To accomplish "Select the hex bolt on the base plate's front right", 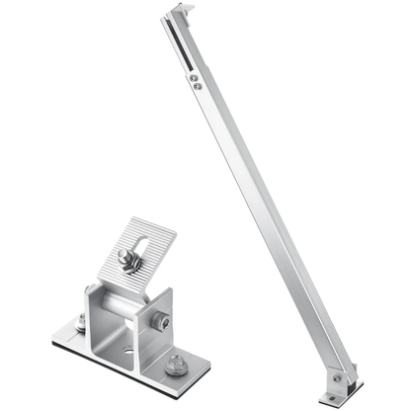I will click(x=175, y=365).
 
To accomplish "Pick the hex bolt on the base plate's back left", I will click(x=79, y=321).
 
